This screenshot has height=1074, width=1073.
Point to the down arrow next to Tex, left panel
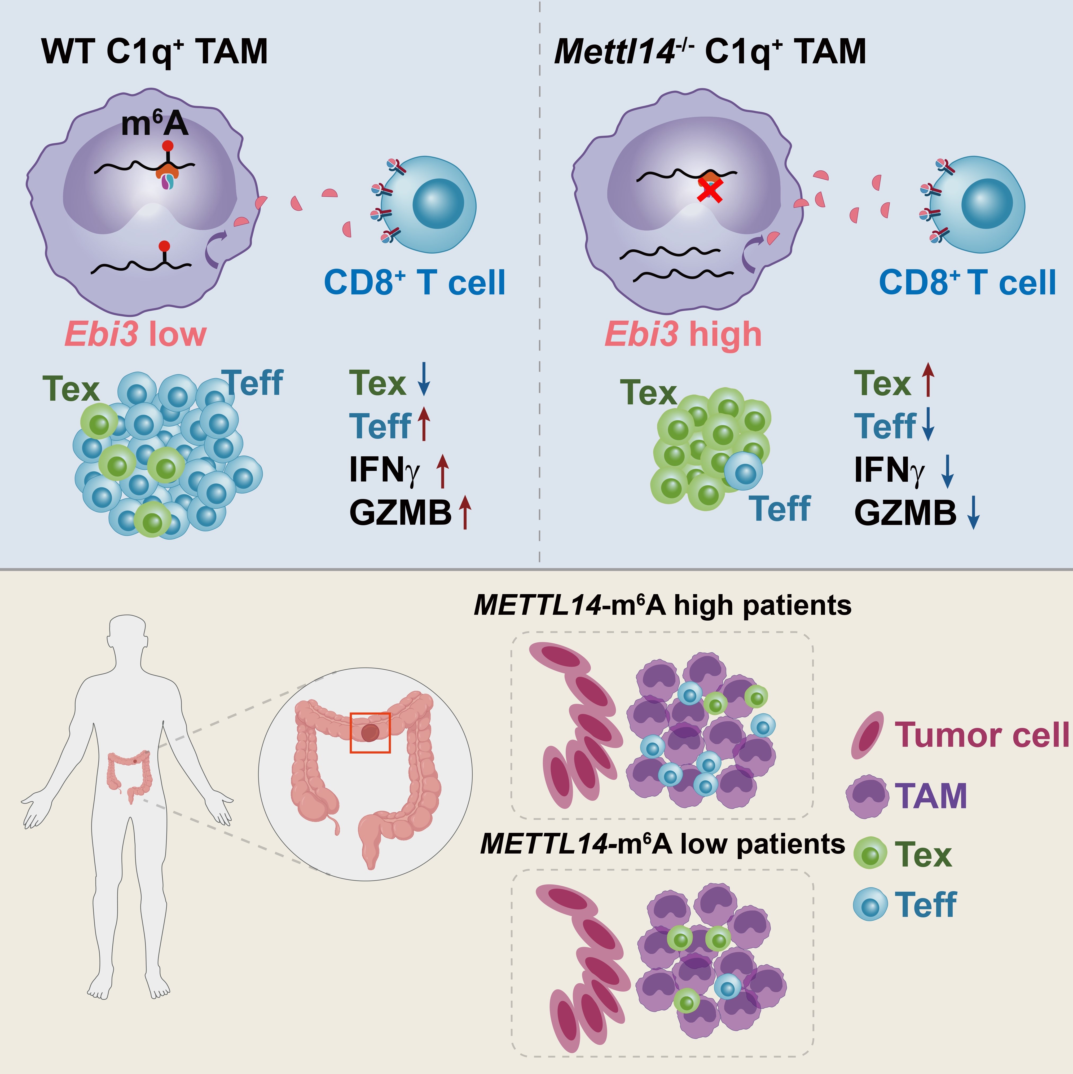click(x=424, y=379)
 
